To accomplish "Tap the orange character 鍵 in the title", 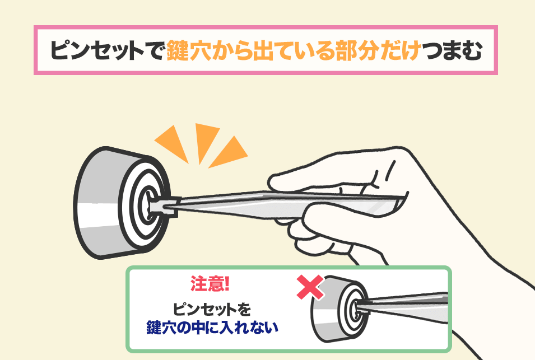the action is (178, 50).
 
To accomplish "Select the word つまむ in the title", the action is (452, 51).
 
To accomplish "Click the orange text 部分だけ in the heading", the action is (378, 50).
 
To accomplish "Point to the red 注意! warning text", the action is (210, 284).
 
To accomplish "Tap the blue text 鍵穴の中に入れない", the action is (212, 328).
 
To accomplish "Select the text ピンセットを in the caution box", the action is (212, 309).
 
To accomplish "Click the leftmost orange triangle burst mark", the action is (173, 143).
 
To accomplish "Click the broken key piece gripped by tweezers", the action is (163, 206).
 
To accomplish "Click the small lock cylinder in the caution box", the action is (339, 308).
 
